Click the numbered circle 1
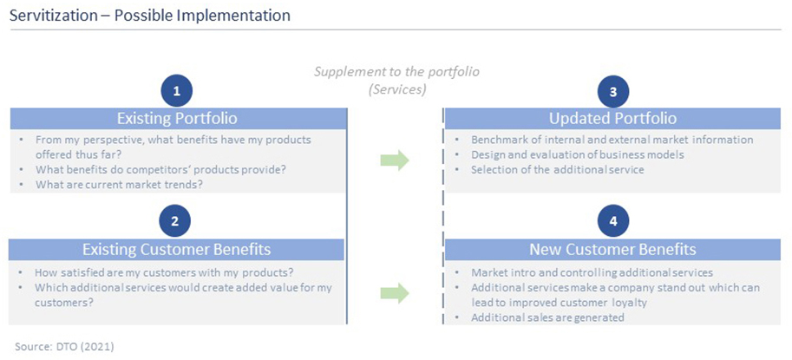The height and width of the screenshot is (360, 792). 176,91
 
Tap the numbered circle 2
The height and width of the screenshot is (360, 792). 174,220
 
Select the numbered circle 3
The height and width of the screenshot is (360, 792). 612,91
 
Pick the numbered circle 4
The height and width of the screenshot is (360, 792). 612,220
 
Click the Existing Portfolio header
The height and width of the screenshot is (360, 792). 177,119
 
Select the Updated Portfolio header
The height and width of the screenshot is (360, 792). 612,119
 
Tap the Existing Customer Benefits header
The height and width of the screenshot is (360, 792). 177,250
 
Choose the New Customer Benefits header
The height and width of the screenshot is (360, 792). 612,250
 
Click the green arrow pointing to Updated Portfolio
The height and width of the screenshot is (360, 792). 395,160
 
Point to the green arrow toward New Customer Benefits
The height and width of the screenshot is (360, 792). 395,293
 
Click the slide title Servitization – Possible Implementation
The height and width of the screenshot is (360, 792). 150,16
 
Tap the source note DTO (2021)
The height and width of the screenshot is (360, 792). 64,347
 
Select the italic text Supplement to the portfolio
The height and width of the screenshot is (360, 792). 397,71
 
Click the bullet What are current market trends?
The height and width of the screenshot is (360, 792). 119,184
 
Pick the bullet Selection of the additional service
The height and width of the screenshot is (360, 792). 558,170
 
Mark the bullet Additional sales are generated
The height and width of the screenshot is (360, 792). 547,317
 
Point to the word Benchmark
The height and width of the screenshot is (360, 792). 496,140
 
